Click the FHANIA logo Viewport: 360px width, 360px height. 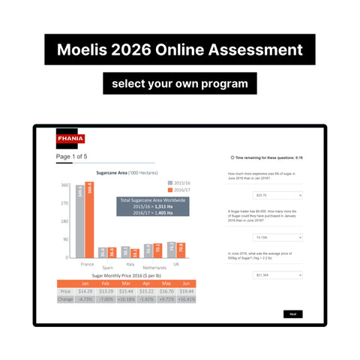70,138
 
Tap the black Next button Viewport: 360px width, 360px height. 292,314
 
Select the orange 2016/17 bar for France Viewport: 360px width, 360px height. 89,220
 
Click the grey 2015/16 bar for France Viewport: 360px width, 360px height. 79,222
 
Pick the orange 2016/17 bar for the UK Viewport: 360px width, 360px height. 181,250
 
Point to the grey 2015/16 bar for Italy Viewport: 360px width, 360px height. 125,252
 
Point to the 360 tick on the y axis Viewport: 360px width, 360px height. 65,185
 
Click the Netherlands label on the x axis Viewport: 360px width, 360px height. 154,267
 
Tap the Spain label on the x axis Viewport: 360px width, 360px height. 107,267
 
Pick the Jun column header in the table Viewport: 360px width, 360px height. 187,283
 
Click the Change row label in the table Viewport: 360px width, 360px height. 65,298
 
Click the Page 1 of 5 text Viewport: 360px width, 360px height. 71,157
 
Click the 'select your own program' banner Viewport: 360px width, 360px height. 180,82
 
